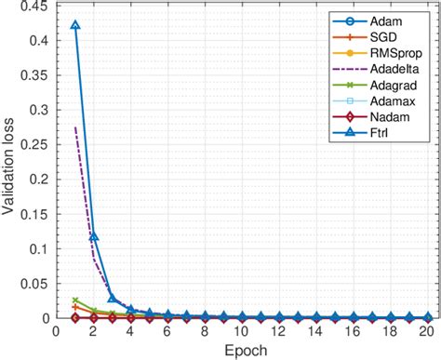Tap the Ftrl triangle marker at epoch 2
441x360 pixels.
(94, 236)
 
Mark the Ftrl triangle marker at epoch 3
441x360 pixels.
(113, 298)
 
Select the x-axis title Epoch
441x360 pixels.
(243, 351)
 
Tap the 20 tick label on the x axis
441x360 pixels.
(427, 331)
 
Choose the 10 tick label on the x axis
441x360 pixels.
(242, 331)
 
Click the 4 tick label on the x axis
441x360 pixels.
(131, 331)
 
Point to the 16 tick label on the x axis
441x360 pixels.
(353, 331)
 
